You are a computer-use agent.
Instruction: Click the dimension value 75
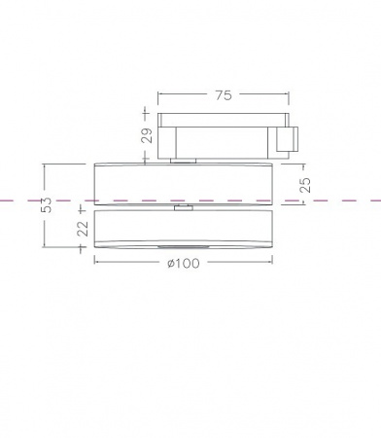pos(224,95)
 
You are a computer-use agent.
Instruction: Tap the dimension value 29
pos(147,135)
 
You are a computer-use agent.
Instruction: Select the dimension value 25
pos(305,185)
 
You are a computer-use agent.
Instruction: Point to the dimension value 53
pos(47,204)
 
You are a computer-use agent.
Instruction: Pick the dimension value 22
pos(83,229)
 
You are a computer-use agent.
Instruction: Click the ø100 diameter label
pos(184,263)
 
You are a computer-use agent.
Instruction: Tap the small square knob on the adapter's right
pos(287,139)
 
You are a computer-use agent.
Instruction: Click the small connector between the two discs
pos(184,207)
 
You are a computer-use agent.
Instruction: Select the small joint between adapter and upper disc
pos(184,161)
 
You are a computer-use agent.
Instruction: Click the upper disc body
pos(184,184)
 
